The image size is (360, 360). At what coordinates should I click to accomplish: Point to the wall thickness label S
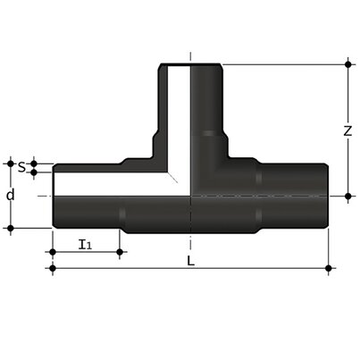21,165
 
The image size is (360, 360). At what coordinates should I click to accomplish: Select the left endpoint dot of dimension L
52,267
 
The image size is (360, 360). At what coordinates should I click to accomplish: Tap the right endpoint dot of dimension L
330,267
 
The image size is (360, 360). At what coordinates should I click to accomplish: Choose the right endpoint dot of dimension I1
121,252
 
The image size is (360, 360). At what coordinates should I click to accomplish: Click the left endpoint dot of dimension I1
52,252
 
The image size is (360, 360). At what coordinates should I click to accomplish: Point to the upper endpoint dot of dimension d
12,162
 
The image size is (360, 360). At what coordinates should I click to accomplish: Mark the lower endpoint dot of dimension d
12,228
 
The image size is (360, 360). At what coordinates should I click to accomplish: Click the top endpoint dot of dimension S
34,162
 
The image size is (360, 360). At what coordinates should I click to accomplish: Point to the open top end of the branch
190,64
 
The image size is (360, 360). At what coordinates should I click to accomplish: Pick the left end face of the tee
53,195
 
